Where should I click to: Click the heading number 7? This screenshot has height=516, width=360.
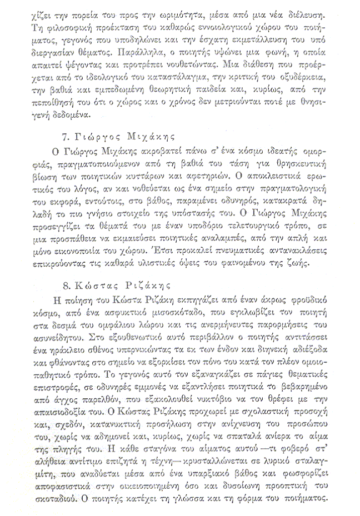tap(63, 136)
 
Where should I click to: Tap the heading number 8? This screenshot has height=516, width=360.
tap(66, 287)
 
